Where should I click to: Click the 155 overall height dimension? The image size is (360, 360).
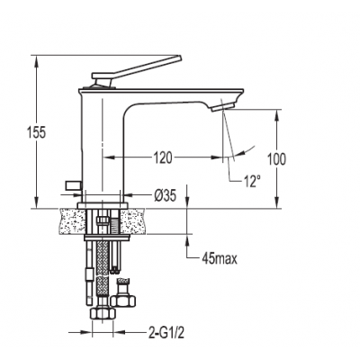coord(36,132)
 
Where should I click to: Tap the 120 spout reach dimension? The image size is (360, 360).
coord(163,157)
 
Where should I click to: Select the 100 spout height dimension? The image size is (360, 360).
coord(276,159)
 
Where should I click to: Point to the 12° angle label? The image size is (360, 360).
coord(251,181)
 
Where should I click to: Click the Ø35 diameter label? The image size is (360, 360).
coord(165,196)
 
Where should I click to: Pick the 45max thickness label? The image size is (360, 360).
coord(220,258)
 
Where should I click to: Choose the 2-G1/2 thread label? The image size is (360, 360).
coord(166,332)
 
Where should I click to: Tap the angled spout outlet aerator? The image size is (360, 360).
coord(222,106)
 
